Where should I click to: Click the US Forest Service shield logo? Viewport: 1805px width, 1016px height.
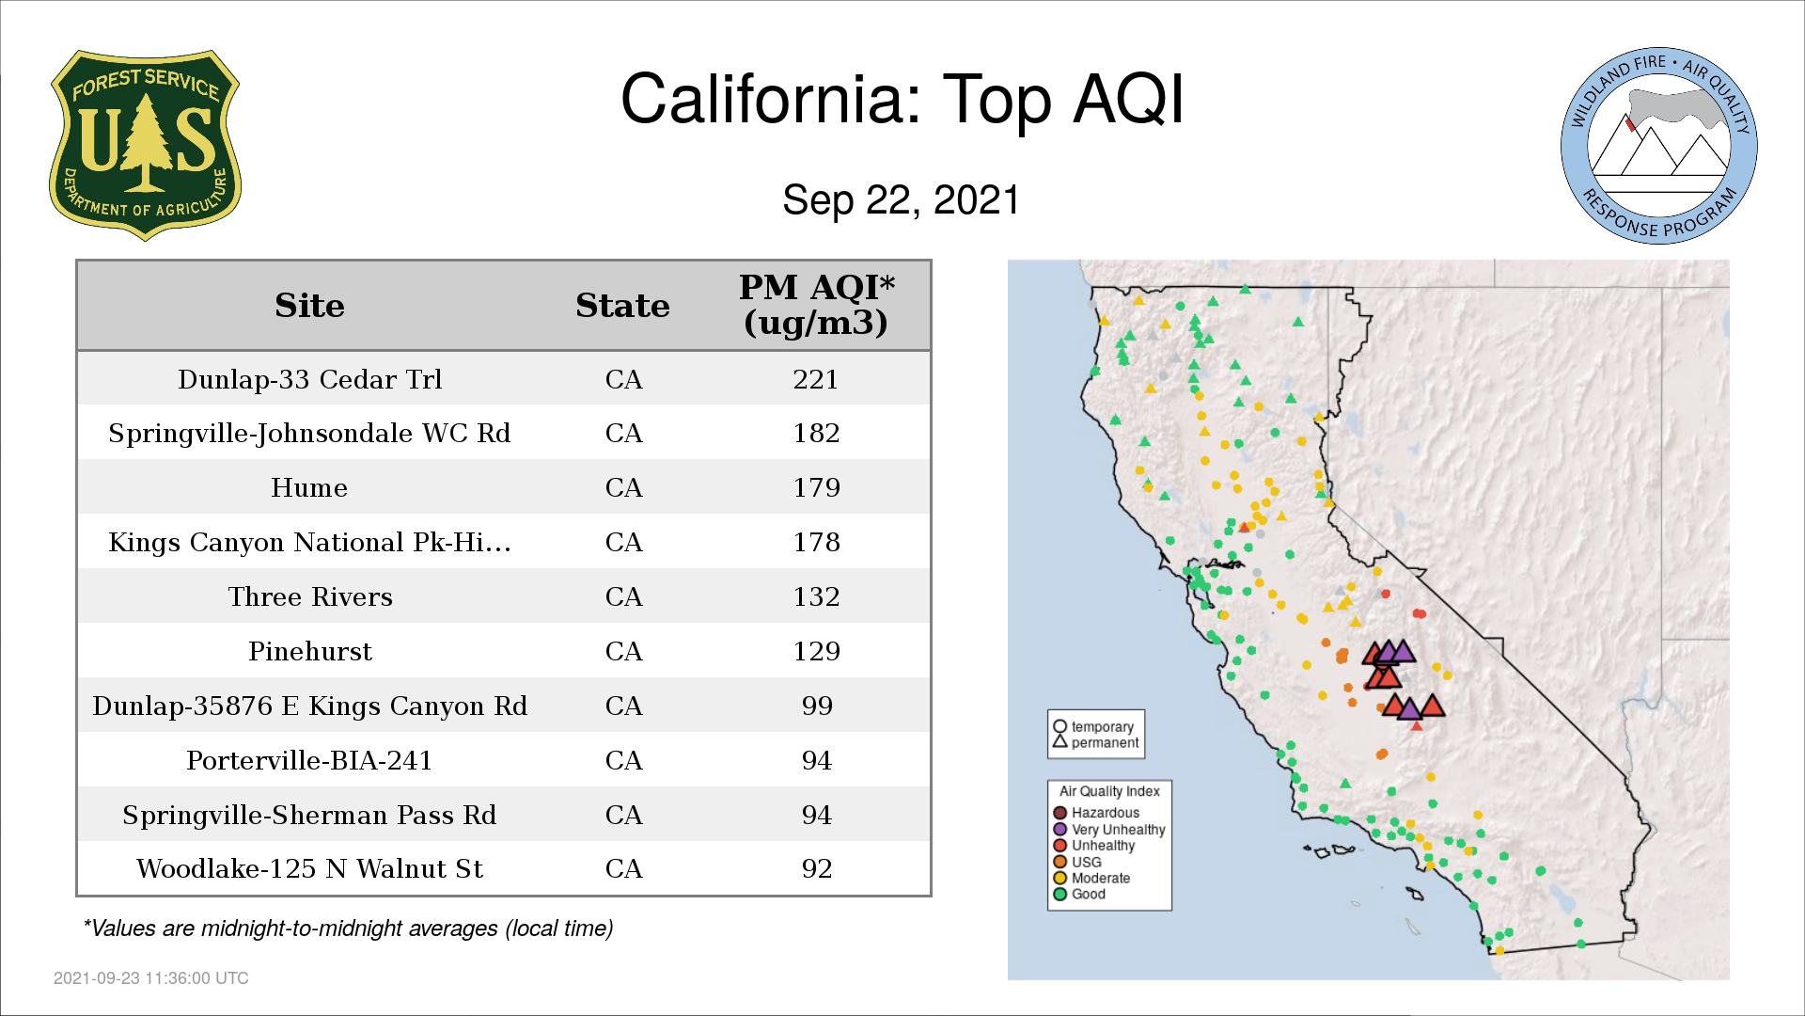point(145,146)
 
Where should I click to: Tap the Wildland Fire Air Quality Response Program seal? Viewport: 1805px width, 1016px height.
point(1658,146)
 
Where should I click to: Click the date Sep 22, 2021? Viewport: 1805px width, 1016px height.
point(902,200)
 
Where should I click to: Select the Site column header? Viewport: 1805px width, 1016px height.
point(309,306)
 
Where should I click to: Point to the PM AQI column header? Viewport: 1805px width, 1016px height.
point(816,305)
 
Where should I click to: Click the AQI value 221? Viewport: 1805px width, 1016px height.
point(816,379)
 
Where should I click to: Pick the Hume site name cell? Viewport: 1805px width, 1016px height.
point(309,487)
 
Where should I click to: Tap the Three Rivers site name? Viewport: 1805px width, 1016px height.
point(310,596)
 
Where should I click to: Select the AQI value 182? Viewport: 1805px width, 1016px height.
point(816,433)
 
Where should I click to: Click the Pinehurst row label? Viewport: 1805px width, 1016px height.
point(310,651)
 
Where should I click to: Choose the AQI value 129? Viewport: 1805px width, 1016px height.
point(816,651)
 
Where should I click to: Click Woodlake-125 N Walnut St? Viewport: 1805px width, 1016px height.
point(310,868)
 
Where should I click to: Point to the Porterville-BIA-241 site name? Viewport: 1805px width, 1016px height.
point(309,760)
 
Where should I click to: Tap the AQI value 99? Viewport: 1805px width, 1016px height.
point(817,706)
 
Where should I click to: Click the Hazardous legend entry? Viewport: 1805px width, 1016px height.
point(1096,813)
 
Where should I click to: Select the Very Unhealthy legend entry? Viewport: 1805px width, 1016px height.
point(1109,830)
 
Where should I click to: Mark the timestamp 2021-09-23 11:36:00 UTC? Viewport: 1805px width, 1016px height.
point(151,978)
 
